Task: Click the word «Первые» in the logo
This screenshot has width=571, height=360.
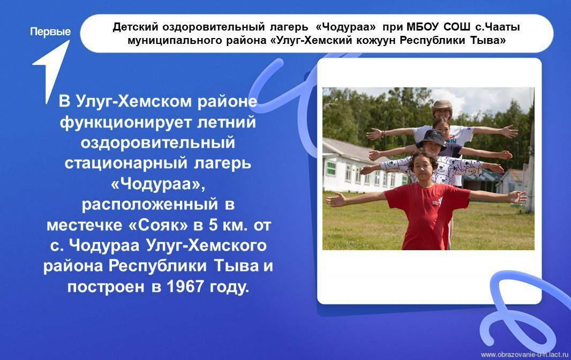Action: pos(50,32)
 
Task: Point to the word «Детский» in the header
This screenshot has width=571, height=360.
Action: pos(136,27)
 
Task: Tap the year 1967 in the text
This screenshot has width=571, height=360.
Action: pos(185,287)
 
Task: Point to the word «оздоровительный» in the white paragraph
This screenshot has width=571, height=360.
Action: pos(157,142)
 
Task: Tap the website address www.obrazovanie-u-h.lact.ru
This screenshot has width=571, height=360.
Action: pos(524,354)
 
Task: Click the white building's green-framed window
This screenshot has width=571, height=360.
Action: pos(331,169)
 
